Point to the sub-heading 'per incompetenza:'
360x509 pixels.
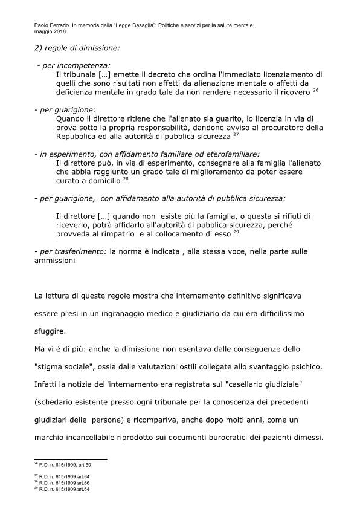point(76,65)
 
